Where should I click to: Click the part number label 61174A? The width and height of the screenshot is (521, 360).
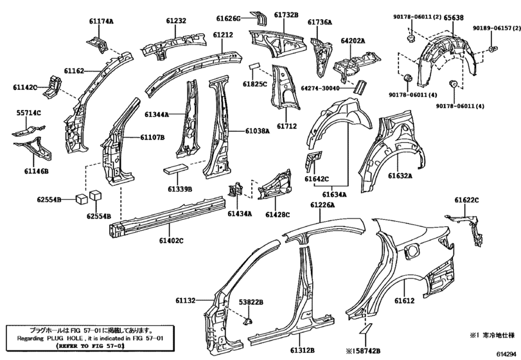click(101, 21)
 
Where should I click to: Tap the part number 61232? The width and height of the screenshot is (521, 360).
click(176, 21)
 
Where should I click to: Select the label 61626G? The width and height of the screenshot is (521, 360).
click(228, 18)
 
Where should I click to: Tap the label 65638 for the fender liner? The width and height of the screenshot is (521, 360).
click(454, 17)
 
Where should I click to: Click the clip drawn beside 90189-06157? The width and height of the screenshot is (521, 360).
click(493, 50)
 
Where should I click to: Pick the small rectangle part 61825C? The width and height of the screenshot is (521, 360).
click(254, 65)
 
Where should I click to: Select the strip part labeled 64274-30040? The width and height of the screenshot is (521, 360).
click(360, 86)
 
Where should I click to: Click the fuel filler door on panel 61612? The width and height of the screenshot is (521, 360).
click(411, 250)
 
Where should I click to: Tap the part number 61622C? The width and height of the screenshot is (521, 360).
click(467, 200)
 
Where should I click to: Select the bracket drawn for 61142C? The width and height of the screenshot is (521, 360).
click(53, 86)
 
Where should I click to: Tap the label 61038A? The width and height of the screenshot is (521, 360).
click(258, 131)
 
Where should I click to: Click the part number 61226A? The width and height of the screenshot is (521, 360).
click(322, 205)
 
